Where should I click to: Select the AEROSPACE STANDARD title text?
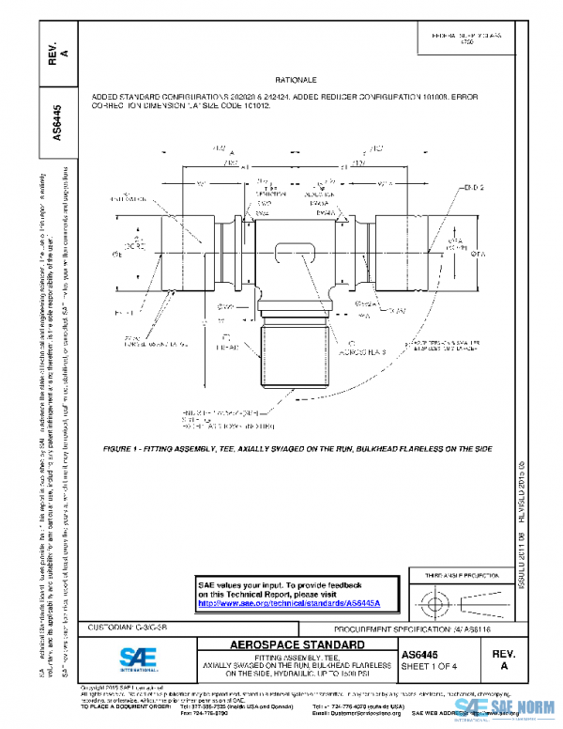tap(297, 645)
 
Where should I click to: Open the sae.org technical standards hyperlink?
tap(295, 603)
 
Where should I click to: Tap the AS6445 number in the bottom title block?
tap(418, 654)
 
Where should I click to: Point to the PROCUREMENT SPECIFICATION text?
tap(439, 626)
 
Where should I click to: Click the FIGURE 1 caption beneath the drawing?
tap(297, 449)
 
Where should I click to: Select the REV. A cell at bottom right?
tap(504, 659)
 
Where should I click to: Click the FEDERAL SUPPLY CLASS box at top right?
tap(466, 38)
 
